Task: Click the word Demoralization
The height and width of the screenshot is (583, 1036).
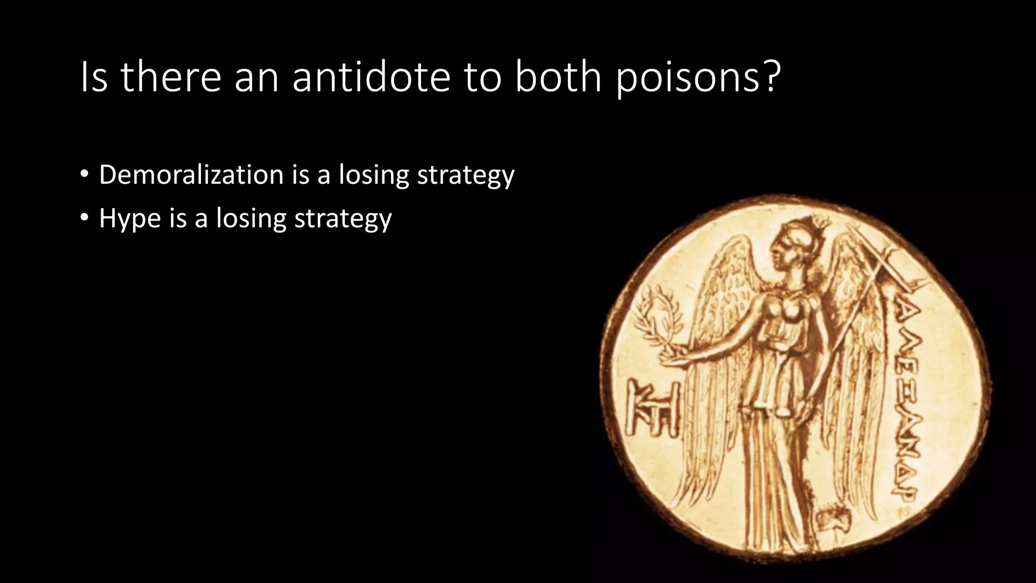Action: coord(191,175)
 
